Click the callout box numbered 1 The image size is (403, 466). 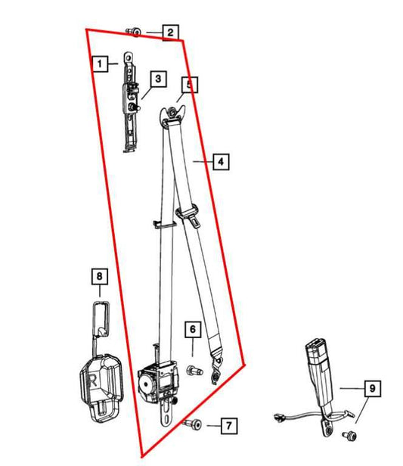click(x=99, y=64)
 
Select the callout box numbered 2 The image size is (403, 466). click(x=170, y=32)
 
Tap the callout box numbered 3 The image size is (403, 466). click(x=157, y=79)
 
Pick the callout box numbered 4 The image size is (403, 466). click(x=219, y=161)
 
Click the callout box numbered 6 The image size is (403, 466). click(x=193, y=329)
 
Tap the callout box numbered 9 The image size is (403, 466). click(x=370, y=390)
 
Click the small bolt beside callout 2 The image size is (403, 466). click(x=134, y=31)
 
